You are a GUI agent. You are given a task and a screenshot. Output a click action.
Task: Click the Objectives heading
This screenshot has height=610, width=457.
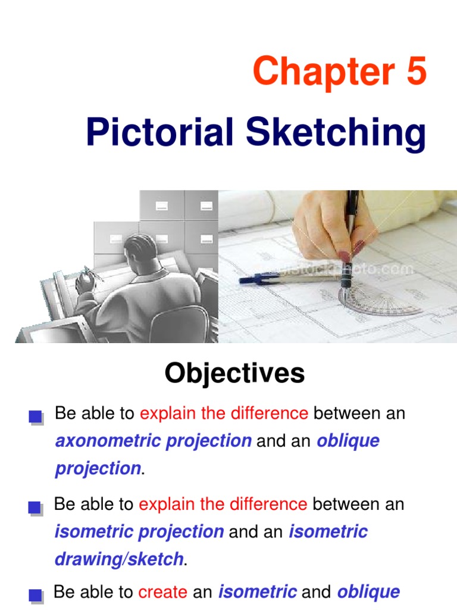(x=234, y=374)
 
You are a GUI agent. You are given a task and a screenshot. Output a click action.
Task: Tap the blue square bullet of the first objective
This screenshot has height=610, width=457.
(x=35, y=417)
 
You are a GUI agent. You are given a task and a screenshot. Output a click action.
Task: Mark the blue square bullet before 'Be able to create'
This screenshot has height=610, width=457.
(x=35, y=595)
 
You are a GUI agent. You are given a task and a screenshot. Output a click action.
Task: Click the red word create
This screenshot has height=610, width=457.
(x=162, y=592)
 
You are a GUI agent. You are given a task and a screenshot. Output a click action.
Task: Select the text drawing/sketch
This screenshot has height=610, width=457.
(x=118, y=559)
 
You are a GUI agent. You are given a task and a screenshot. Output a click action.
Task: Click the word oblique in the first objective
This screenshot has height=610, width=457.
(x=348, y=441)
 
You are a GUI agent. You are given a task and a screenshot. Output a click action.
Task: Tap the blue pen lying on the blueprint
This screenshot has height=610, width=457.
(x=280, y=278)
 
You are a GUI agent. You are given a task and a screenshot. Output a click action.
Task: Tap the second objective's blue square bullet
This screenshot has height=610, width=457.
(x=35, y=508)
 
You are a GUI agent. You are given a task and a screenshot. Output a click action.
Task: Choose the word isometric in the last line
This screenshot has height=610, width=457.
(x=257, y=592)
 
